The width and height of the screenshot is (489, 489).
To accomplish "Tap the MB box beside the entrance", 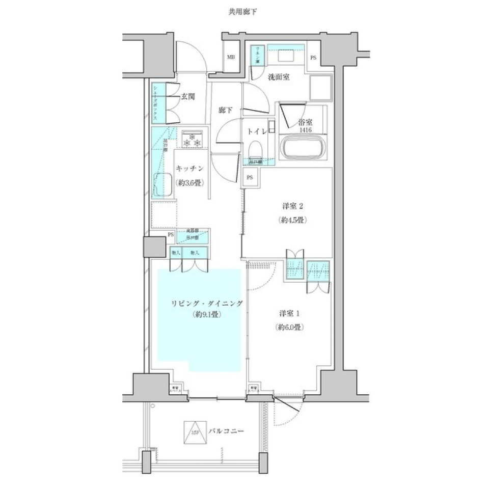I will pos(231,58).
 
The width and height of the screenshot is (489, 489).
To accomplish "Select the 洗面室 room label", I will pos(279,77).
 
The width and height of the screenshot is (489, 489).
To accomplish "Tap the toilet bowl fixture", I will pos(255,149).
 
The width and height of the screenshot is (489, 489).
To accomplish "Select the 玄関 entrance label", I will pos(187,96).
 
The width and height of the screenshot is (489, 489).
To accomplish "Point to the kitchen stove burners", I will pos(193,140).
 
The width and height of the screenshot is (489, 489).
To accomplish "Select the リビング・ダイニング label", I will pos(206,304).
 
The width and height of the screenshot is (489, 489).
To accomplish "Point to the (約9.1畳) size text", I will pos(206,315).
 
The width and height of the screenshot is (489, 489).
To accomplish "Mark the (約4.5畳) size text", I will pos(292,221).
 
